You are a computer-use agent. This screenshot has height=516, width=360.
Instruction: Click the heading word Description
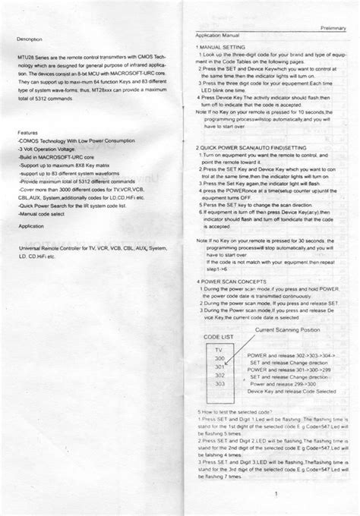tap(30, 38)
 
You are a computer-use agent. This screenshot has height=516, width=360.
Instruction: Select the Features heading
tap(27, 132)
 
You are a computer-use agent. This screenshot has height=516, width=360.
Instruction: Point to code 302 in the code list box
tap(220, 375)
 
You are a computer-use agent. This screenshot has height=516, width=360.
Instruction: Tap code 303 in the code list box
tap(220, 384)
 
